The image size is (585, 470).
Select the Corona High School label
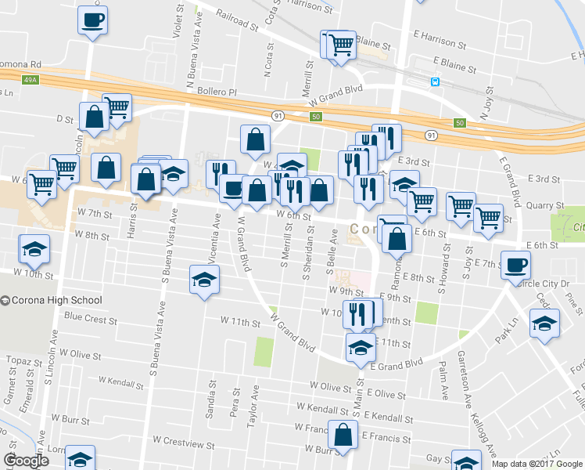point(56,300)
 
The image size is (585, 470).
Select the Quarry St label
point(546,206)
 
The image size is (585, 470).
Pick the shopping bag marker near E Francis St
point(343,435)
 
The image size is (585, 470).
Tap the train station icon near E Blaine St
point(434,81)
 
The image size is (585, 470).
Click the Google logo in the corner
point(26,461)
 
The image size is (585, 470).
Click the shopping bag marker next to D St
point(94,118)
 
